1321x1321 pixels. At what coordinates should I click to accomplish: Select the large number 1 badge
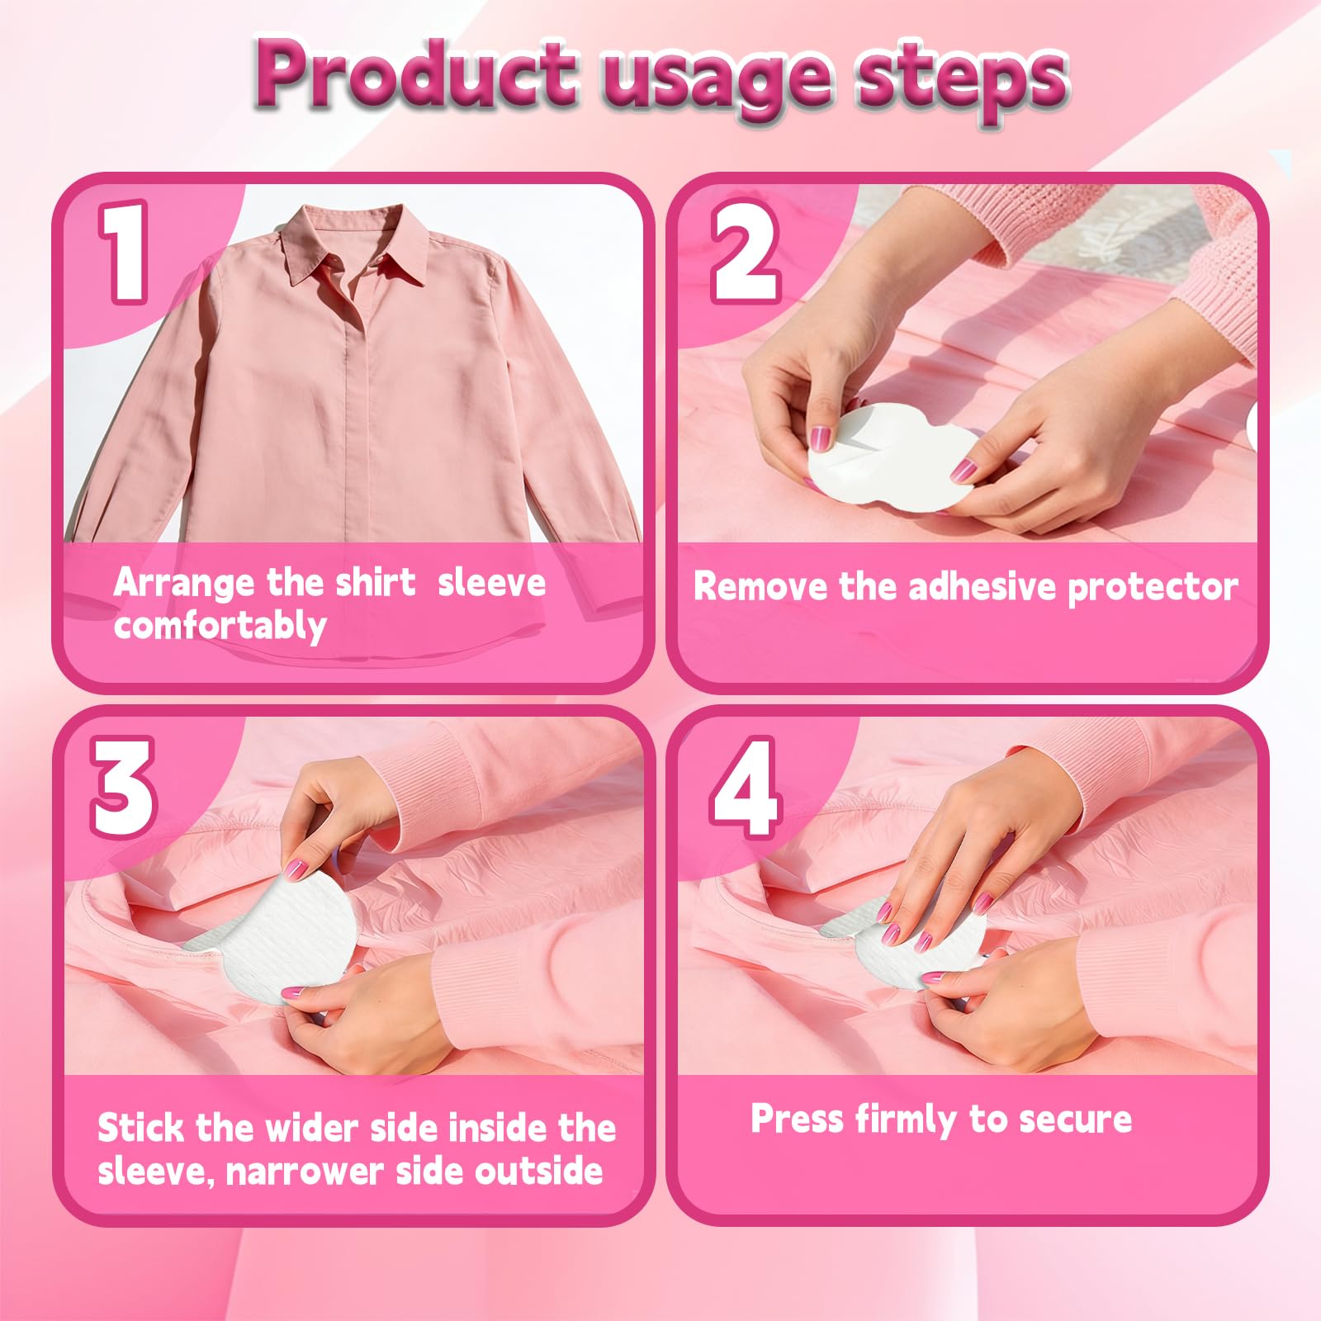pyautogui.click(x=124, y=252)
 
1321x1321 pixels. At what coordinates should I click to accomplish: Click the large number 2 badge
pyautogui.click(x=745, y=252)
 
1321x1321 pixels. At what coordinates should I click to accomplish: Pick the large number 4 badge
pyautogui.click(x=745, y=788)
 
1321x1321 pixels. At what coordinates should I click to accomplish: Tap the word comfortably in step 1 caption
pyautogui.click(x=220, y=626)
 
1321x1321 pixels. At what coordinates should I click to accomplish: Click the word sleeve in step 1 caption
pyautogui.click(x=492, y=582)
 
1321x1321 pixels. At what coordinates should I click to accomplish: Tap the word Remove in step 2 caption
pyautogui.click(x=760, y=586)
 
